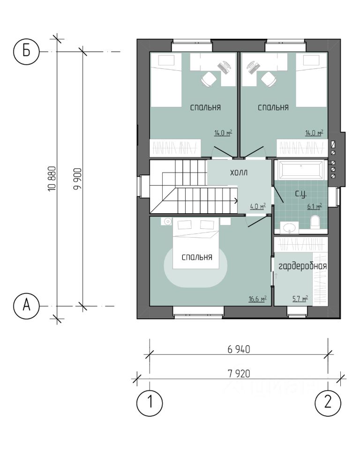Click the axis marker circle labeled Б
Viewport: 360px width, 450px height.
coord(26,52)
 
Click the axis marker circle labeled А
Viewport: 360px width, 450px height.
coord(26,306)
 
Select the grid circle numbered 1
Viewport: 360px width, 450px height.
coord(149,403)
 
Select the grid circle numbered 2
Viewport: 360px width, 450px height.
coord(328,403)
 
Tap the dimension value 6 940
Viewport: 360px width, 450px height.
coord(239,349)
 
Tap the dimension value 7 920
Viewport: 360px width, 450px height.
coord(239,374)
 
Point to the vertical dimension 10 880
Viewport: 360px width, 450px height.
coord(52,179)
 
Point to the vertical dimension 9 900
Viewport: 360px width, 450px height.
coord(77,179)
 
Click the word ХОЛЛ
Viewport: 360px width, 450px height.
coord(239,173)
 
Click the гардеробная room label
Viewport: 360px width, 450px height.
coord(303,266)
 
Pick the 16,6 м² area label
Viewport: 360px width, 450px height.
coord(257,299)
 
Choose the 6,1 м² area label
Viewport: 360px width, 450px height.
coord(315,206)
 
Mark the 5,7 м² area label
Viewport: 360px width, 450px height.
coord(300,299)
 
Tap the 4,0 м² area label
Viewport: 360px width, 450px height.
coord(257,206)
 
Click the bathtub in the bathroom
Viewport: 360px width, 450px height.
coord(301,170)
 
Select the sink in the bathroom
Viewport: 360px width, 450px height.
coord(289,228)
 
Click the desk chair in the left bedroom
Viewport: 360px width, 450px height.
coord(209,78)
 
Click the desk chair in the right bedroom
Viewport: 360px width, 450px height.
coord(269,78)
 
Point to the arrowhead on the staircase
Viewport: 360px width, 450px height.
coord(236,201)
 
